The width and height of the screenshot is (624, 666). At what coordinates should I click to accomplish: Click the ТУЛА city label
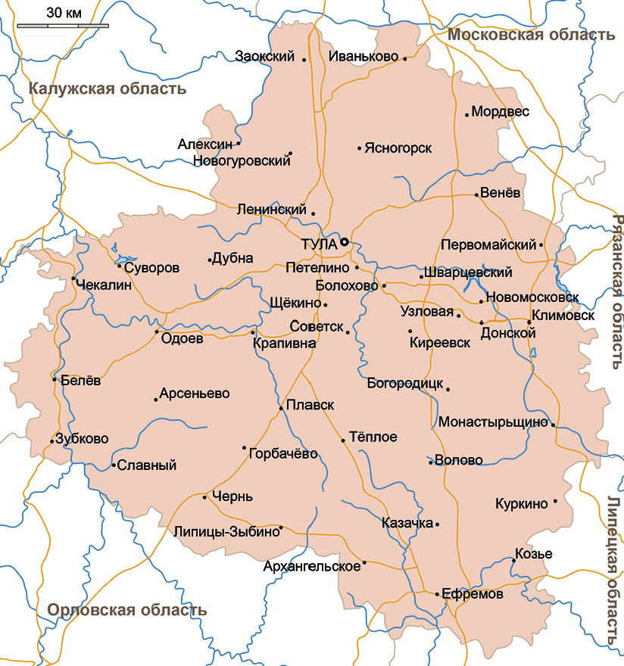pos(318,244)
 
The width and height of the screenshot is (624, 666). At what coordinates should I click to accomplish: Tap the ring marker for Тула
pos(344,242)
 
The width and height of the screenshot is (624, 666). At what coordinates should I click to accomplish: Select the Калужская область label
pos(107,89)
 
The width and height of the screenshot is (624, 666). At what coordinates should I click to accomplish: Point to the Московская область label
pos(530,35)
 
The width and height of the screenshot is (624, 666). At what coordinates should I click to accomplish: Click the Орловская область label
pos(126,610)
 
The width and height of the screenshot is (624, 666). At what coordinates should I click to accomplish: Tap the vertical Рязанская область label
pos(616,291)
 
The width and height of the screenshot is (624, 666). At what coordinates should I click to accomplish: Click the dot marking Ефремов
pos(437,595)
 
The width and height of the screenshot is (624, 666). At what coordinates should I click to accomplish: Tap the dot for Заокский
pos(304,59)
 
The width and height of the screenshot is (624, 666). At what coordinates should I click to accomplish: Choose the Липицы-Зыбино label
pos(226,531)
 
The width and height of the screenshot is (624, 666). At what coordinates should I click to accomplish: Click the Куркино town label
pos(521,503)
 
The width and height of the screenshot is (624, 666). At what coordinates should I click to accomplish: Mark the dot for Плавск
pos(281,408)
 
